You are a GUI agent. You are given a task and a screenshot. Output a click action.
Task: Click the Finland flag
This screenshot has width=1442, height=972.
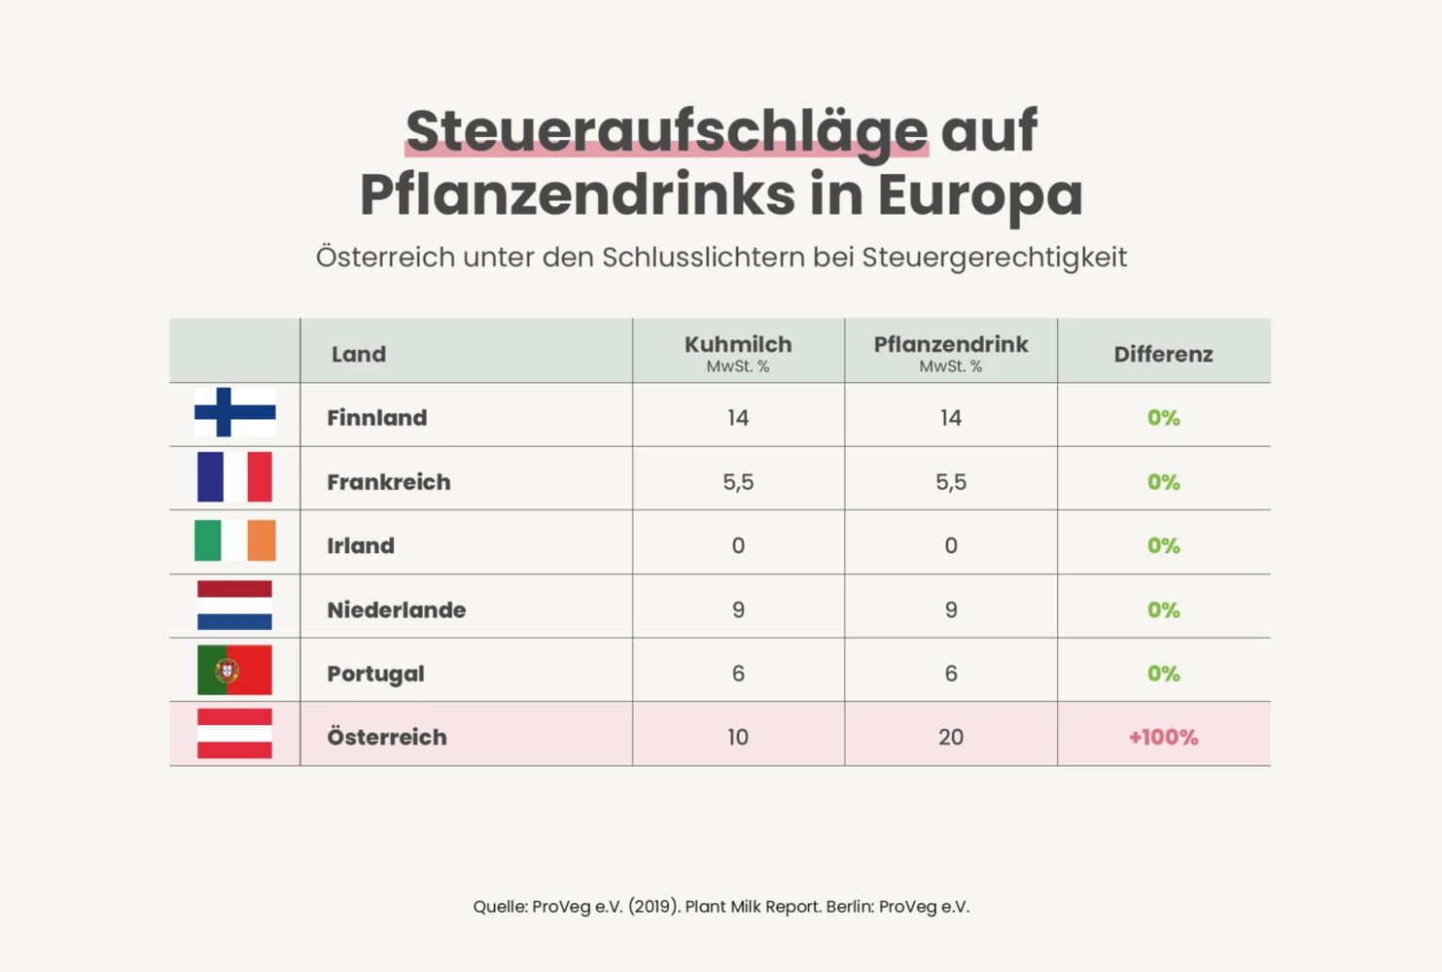(235, 412)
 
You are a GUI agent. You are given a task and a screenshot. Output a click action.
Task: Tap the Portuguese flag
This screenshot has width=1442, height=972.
(234, 670)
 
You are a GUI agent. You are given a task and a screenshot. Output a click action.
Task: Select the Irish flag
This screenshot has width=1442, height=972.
(235, 540)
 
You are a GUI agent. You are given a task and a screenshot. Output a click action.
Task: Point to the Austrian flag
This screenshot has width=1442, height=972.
(234, 733)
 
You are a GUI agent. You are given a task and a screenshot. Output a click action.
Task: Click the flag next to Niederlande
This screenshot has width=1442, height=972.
(234, 606)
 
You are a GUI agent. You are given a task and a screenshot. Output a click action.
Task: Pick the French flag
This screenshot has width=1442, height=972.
(234, 476)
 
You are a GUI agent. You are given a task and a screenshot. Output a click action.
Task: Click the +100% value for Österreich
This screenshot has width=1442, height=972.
(1163, 737)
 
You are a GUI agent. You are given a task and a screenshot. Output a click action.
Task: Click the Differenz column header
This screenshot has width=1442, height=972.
(1163, 354)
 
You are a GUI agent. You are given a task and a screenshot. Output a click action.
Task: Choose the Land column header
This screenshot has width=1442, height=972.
(359, 354)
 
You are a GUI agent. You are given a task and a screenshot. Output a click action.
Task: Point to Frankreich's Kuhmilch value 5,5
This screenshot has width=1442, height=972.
(738, 482)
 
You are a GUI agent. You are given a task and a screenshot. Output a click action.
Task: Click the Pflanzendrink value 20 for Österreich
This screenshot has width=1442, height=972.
(951, 737)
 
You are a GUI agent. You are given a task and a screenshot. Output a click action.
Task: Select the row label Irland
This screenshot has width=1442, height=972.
(361, 546)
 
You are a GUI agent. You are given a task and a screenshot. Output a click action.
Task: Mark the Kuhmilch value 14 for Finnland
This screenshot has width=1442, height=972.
(738, 418)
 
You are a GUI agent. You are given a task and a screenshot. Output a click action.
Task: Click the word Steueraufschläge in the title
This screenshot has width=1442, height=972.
(667, 132)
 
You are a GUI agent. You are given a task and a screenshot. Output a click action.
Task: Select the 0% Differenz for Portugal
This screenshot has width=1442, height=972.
(1163, 674)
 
